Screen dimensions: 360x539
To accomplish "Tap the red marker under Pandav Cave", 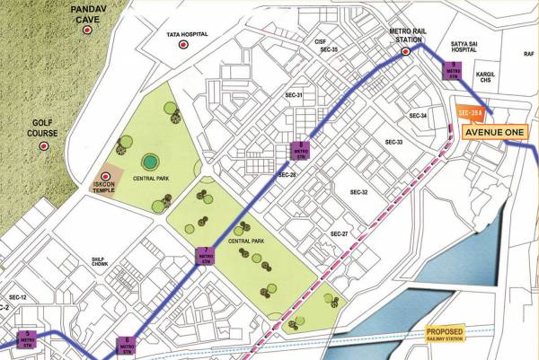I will [x=87, y=30].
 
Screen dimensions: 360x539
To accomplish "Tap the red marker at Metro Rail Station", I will [x=406, y=51].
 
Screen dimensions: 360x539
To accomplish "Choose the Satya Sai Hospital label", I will [x=498, y=40].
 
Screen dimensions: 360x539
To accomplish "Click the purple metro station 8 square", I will [x=303, y=150].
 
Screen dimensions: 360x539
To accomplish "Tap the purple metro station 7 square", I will [x=207, y=253].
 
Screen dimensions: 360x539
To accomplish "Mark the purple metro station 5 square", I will [x=27, y=338].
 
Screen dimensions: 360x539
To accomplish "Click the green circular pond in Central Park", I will [x=149, y=162].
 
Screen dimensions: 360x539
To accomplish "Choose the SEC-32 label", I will [x=358, y=192].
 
